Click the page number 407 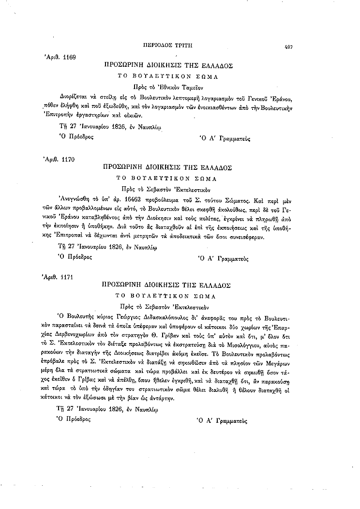[289, 46]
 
